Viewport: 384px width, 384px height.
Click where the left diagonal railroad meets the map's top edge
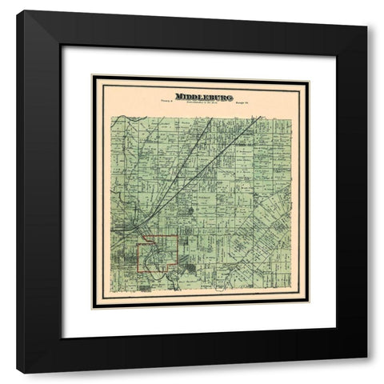(206, 117)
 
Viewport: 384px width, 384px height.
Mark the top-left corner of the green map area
(111, 117)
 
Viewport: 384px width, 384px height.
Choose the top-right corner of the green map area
(291, 117)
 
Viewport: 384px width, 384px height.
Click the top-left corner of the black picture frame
(18, 12)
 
